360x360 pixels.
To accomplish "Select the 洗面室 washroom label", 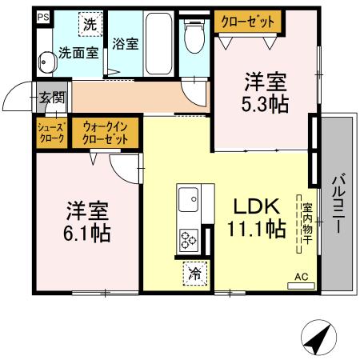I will tap(78, 54).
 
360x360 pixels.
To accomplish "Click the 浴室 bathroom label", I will tap(126, 43).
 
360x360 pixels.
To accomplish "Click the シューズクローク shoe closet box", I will tap(51, 132).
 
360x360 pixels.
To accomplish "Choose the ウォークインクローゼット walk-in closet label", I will tap(106, 132).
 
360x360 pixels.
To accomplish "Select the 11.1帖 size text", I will tap(256, 230).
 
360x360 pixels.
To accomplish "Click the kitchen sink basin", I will tap(188, 199).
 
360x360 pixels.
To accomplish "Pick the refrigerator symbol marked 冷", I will tap(195, 274).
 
